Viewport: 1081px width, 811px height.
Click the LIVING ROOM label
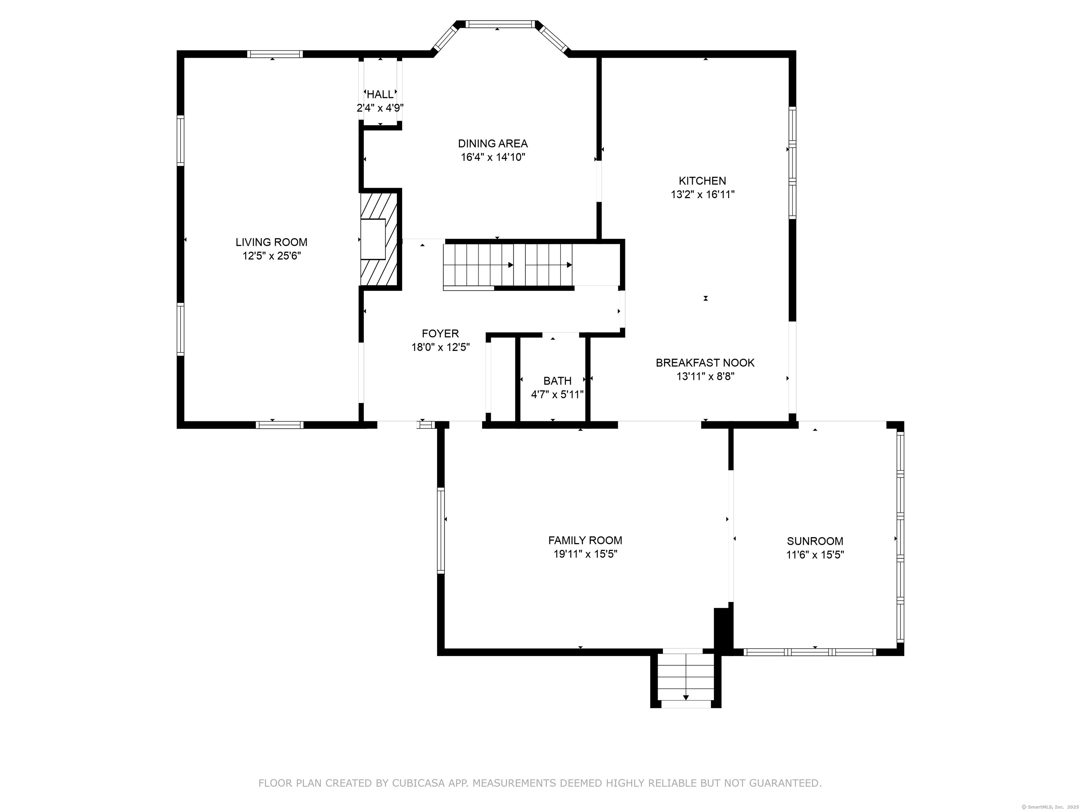coord(271,242)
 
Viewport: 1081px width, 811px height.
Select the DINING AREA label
coord(493,144)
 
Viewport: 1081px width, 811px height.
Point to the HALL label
coord(380,94)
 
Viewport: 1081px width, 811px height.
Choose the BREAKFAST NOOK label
coord(705,363)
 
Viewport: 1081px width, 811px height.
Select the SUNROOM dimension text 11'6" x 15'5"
coord(815,555)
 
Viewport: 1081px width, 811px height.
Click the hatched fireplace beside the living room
coord(379,239)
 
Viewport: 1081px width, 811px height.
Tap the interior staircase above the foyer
coord(508,265)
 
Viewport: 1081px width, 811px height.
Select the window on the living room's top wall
coord(274,54)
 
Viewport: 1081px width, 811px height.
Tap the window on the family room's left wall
coord(441,530)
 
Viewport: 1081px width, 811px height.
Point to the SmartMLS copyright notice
coord(1050,807)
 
